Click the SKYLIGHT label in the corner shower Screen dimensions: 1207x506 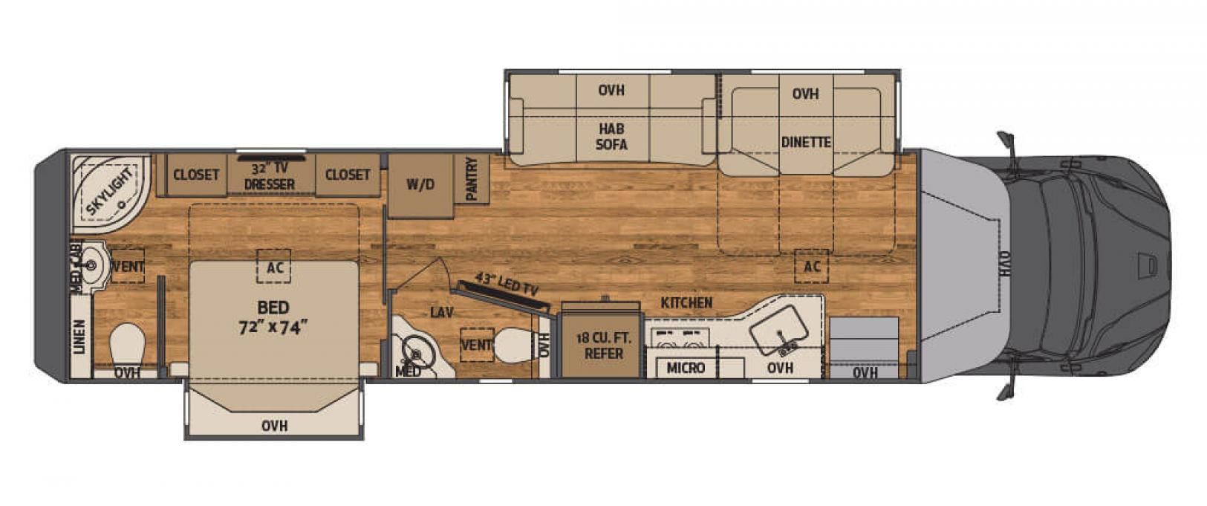pos(110,192)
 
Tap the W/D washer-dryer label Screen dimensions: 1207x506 pos(420,185)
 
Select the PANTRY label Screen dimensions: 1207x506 pos(472,179)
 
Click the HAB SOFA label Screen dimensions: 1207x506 pos(611,136)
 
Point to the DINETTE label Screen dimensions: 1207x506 pos(806,142)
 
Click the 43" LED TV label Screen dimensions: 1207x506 pos(507,284)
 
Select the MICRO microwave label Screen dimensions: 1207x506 pos(686,368)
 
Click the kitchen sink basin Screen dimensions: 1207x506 pos(778,328)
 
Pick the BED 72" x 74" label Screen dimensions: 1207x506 pos(273,317)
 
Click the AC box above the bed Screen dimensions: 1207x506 pos(274,266)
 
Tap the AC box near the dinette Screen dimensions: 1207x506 pos(812,266)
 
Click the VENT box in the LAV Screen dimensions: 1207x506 pos(477,345)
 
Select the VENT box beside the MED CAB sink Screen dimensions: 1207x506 pos(128,266)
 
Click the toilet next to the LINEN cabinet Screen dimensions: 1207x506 pos(128,345)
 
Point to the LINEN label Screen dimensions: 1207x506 pos(79,337)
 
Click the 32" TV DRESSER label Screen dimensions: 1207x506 pos(270,175)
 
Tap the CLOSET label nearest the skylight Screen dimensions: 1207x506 pos(196,175)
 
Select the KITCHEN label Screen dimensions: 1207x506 pos(686,303)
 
